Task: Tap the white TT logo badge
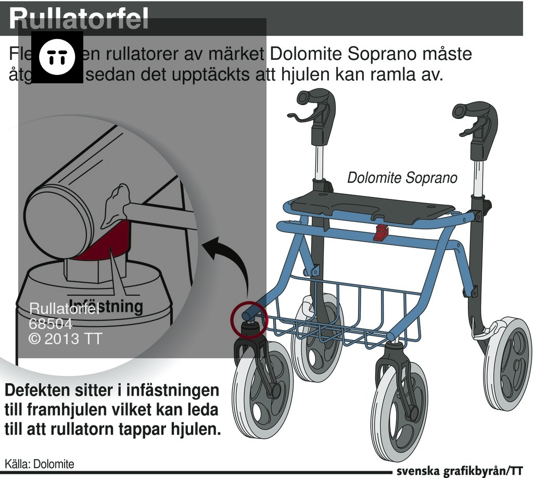coord(57,57)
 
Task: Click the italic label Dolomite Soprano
coord(402,178)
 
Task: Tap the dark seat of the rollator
coord(372,206)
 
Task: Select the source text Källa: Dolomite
coord(40,463)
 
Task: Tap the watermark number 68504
coord(50,324)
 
